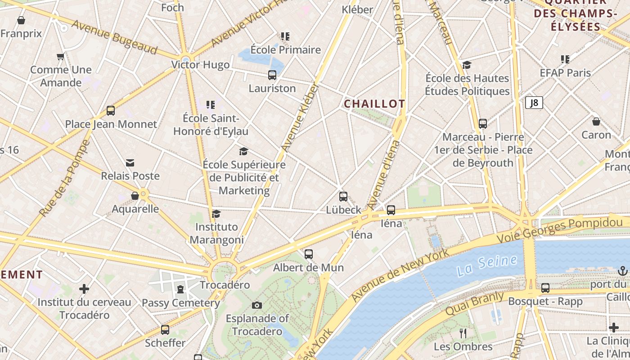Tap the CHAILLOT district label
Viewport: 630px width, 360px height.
[x=374, y=104]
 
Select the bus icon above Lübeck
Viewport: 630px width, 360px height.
[x=343, y=197]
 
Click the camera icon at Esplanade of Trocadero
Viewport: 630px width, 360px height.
[x=257, y=305]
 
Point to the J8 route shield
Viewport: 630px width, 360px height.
[x=534, y=103]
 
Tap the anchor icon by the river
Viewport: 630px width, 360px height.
[x=623, y=271]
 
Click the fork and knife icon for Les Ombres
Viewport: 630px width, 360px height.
[x=463, y=333]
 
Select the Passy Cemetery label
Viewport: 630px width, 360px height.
[x=181, y=303]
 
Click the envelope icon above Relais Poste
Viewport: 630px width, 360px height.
[x=130, y=162]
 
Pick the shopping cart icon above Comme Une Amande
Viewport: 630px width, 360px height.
[x=61, y=57]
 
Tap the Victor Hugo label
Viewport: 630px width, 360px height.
[x=200, y=65]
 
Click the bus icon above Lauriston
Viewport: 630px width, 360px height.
[x=272, y=75]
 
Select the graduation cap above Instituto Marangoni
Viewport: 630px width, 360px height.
[x=216, y=213]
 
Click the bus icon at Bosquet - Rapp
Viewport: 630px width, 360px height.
[x=545, y=288]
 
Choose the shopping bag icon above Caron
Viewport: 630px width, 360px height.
[x=596, y=121]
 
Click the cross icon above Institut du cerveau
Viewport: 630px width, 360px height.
[x=84, y=288]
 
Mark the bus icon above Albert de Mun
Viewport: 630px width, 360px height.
[x=308, y=254]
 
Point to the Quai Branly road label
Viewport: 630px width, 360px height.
[x=474, y=303]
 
